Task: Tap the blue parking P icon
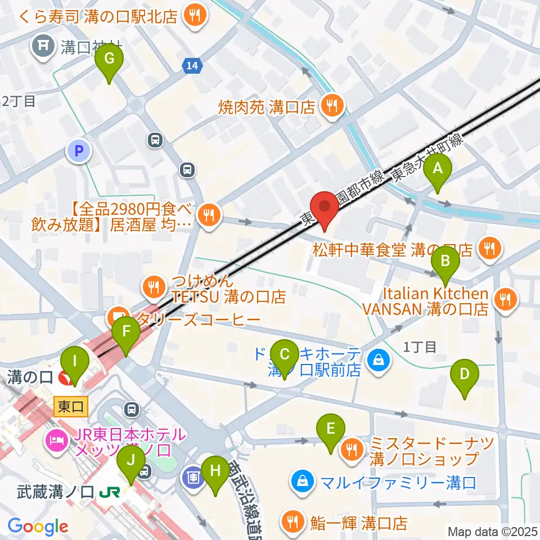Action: pos(79,150)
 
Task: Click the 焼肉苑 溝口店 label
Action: pos(267,107)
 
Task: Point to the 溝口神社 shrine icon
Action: pos(43,44)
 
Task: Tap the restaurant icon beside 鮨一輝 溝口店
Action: pos(292,523)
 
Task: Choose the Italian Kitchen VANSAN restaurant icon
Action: pos(505,300)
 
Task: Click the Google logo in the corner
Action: pos(38,526)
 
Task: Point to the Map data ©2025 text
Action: pos(493,531)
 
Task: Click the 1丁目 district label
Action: pos(420,346)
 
